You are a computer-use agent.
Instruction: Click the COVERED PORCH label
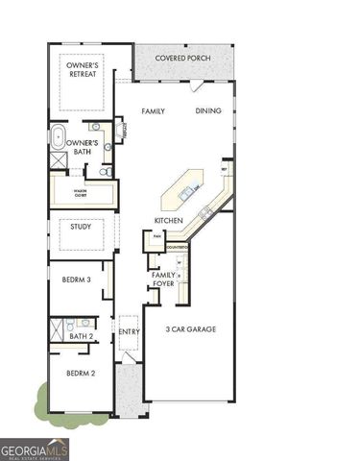184,58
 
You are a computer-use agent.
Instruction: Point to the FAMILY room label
154,111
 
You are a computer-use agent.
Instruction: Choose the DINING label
208,111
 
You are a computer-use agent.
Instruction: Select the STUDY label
80,228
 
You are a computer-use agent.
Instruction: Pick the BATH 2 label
82,337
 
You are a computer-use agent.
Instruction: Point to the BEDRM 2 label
79,373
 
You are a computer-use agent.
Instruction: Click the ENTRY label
130,332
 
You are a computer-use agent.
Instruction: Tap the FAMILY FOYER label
162,280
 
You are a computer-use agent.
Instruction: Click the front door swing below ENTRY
127,358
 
